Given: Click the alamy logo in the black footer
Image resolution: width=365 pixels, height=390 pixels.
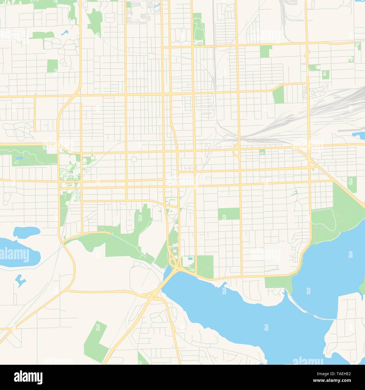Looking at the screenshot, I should (x=28, y=377).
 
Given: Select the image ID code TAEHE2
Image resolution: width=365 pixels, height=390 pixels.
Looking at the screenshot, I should (x=342, y=373).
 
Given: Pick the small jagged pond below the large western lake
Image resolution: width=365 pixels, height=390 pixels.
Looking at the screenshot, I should (x=20, y=280).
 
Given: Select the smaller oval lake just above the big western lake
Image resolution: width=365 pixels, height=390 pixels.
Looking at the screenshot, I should (x=26, y=231).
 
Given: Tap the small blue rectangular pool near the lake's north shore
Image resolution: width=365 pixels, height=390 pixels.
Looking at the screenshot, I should (x=191, y=258).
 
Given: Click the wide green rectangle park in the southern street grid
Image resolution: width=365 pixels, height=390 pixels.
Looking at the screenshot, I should (x=229, y=214).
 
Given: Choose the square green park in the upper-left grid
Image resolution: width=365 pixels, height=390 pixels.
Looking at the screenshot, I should (x=52, y=66).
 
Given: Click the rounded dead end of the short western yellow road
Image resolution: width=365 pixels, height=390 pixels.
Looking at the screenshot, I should (x=35, y=131).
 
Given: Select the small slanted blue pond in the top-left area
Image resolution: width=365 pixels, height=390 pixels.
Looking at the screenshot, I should (x=65, y=32).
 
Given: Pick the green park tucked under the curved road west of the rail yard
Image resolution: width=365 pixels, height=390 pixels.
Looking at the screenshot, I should (x=278, y=94).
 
